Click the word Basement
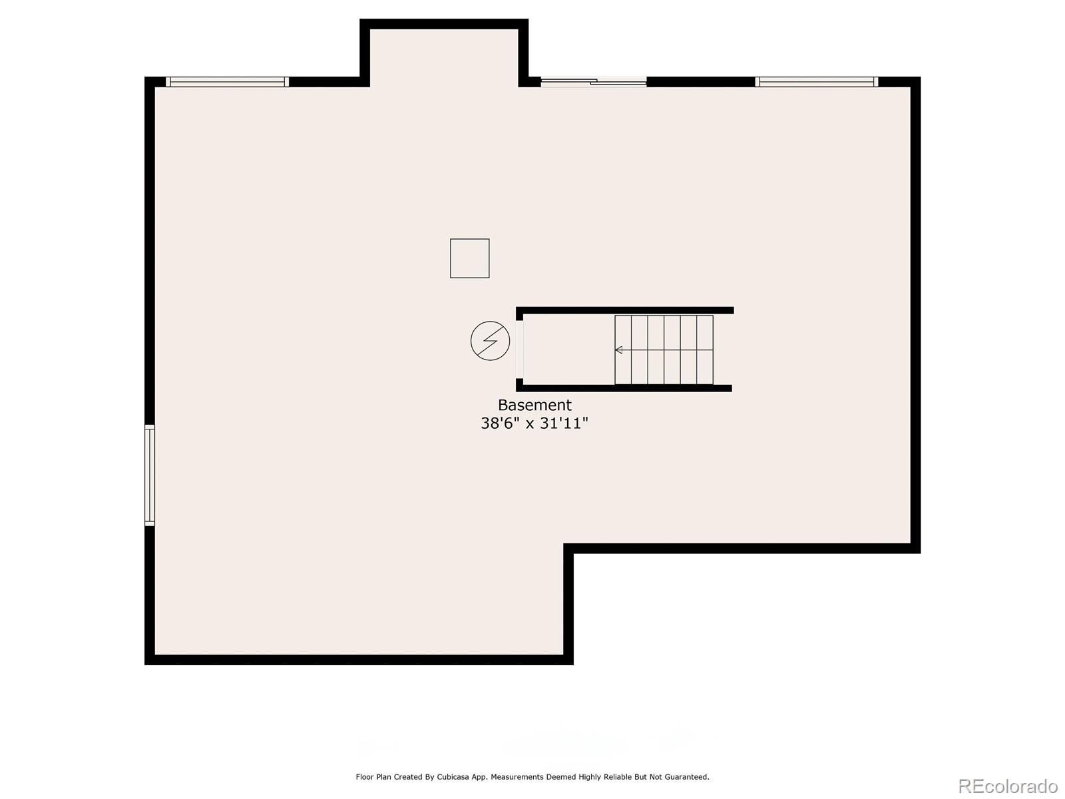pyautogui.click(x=534, y=405)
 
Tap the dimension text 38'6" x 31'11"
pyautogui.click(x=534, y=423)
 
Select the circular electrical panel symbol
pyautogui.click(x=490, y=341)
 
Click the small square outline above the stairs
pyautogui.click(x=470, y=258)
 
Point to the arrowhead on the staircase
pyautogui.click(x=618, y=350)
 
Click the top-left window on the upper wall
pyautogui.click(x=227, y=82)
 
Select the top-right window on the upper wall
pyautogui.click(x=817, y=82)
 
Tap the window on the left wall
pyautogui.click(x=150, y=475)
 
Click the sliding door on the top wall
pyautogui.click(x=594, y=82)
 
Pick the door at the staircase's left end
pyautogui.click(x=520, y=350)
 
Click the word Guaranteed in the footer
pyautogui.click(x=688, y=777)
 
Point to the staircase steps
pyautogui.click(x=664, y=350)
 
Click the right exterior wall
pyautogui.click(x=915, y=313)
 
